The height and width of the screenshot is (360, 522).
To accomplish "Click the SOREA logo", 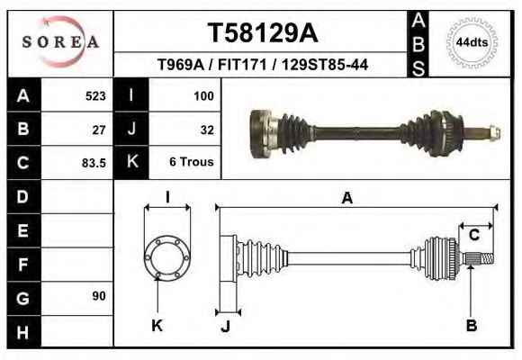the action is point(60,41).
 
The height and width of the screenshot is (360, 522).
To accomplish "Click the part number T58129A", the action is point(263,33).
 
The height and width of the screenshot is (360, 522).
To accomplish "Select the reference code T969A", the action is point(180,65).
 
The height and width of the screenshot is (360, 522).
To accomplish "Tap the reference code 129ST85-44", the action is point(325,65).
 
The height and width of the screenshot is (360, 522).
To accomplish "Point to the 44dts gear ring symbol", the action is point(472,43).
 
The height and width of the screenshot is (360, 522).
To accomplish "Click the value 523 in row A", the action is point(95,96).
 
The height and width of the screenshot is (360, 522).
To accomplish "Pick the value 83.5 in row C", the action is point(94,163).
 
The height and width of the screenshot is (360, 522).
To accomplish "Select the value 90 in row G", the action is point(99,296).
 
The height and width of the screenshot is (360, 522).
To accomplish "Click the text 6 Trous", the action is point(192,161).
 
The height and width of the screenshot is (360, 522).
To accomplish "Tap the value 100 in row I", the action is point(203,96).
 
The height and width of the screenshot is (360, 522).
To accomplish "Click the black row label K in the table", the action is point(131,162).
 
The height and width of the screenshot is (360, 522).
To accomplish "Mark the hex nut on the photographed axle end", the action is point(495,133).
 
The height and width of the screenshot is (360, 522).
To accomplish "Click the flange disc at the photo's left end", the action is point(260,134).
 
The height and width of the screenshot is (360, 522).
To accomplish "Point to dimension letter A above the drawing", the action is point(347,198).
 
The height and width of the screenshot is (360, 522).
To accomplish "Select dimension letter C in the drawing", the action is point(474,235).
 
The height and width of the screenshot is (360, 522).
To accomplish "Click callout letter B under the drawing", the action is point(472,326).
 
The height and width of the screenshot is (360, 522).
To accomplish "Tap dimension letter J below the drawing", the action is point(226,326).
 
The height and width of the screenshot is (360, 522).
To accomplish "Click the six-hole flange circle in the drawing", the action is point(167,257).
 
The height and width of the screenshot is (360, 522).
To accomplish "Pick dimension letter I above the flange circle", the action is point(167,197).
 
